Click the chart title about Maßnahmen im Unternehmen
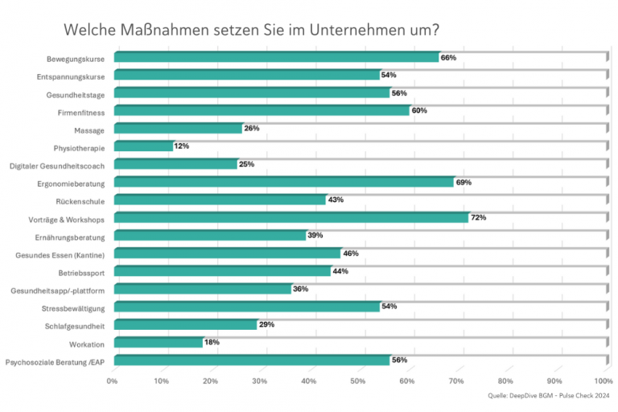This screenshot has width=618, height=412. [251, 30]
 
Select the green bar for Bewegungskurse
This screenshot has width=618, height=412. [276, 57]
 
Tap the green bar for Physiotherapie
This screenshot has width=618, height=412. [143, 146]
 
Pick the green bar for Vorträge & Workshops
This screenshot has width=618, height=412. [291, 217]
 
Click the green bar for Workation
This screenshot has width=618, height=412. [158, 343]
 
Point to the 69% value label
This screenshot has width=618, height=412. [463, 183]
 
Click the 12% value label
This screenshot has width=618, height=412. [182, 146]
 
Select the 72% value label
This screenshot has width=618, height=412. [478, 218]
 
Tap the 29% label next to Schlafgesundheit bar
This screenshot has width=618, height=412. [266, 324]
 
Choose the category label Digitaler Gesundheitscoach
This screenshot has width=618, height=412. [58, 166]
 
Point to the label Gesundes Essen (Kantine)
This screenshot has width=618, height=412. [60, 255]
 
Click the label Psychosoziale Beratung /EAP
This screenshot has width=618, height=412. [56, 362]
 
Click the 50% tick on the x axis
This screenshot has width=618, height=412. [358, 381]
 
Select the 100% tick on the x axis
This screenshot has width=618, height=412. [603, 381]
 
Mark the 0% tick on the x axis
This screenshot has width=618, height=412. [113, 381]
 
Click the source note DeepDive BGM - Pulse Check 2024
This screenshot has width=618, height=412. [549, 396]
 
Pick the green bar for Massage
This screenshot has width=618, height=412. [178, 129]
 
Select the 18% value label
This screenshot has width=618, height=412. [211, 343]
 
